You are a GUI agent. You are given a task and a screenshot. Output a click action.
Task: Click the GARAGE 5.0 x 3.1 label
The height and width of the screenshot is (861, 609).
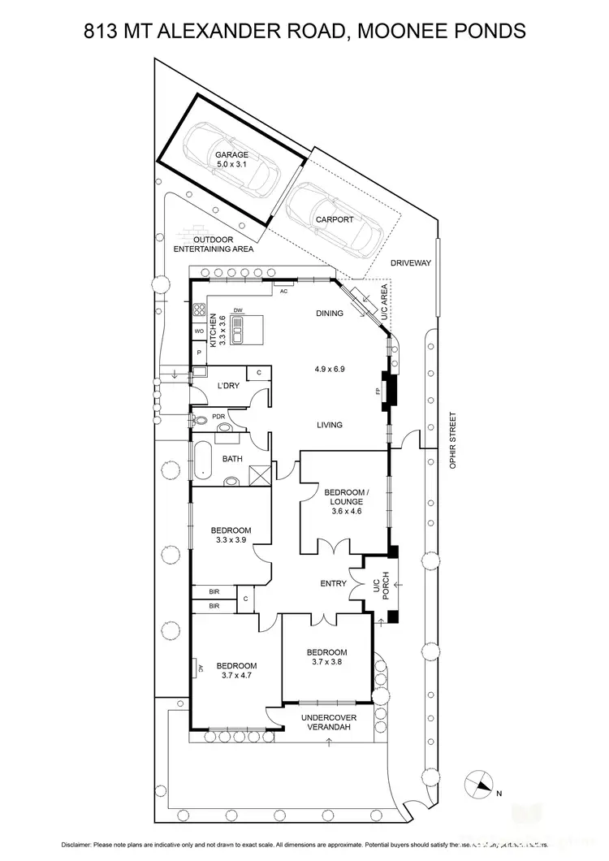(x=231, y=159)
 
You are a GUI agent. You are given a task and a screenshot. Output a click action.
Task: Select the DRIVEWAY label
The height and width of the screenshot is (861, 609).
(x=410, y=263)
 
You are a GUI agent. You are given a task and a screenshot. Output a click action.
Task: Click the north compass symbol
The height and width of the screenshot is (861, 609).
(x=479, y=785)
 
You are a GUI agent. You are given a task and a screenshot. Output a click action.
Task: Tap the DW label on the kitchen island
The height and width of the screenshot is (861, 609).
(x=238, y=311)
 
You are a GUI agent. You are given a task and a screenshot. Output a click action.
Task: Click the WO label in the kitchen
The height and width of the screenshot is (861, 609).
(x=198, y=332)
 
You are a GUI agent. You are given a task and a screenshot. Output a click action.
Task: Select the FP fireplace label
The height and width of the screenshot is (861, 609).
(x=378, y=392)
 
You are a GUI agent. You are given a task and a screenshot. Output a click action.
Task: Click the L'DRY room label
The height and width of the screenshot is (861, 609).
(x=228, y=385)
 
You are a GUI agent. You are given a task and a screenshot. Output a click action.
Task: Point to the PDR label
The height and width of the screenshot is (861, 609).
(x=218, y=417)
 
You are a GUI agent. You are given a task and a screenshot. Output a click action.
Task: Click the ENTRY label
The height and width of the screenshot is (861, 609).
(x=334, y=583)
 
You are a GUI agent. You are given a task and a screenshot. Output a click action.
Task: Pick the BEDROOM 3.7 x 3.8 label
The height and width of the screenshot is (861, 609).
(x=326, y=657)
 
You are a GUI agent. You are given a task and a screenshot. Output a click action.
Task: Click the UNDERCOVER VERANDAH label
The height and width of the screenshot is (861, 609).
(x=329, y=723)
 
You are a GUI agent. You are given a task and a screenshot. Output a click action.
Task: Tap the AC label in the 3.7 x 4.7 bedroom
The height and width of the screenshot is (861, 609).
(x=201, y=668)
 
